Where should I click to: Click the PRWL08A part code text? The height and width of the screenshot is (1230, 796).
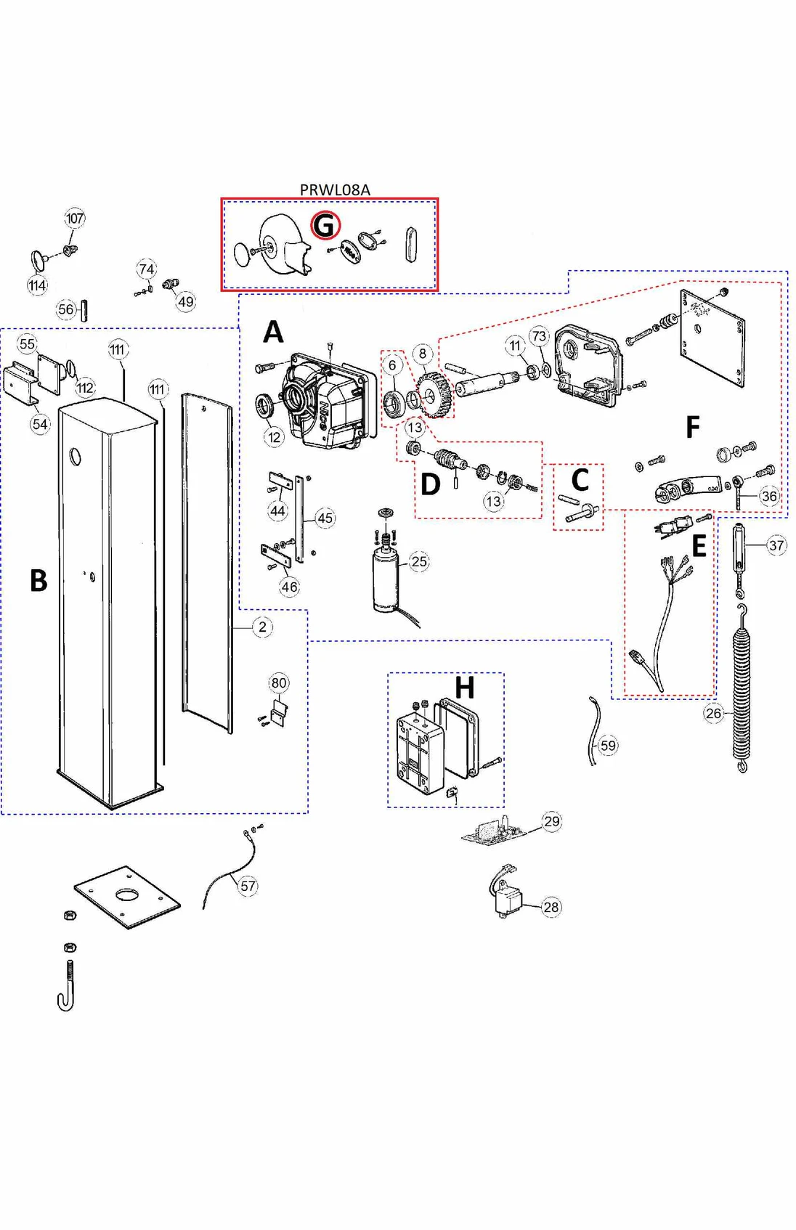pos(335,190)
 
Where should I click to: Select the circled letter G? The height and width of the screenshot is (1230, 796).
pos(325,225)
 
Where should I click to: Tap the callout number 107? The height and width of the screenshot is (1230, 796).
pos(75,218)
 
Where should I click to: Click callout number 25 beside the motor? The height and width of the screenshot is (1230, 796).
pos(419,561)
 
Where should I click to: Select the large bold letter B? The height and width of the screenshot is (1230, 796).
pos(38,581)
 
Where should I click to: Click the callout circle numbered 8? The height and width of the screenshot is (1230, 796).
pos(423,354)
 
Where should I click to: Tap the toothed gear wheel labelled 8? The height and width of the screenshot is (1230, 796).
pos(435,394)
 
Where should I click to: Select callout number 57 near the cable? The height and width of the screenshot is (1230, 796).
pos(248,886)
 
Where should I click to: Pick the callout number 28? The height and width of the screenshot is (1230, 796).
pos(551,907)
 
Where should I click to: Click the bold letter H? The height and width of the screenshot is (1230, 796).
pos(464,687)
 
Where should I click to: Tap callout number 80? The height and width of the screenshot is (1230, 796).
pos(279,683)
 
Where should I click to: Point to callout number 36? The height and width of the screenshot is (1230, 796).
pos(769,497)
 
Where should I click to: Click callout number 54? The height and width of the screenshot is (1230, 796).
pos(40,424)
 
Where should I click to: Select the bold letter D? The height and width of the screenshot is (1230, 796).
pos(430,484)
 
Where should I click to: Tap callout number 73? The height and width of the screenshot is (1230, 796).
pos(539,336)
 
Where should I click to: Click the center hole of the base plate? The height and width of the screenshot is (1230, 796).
pos(127,894)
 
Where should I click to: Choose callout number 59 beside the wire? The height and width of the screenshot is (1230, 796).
pos(608,745)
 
